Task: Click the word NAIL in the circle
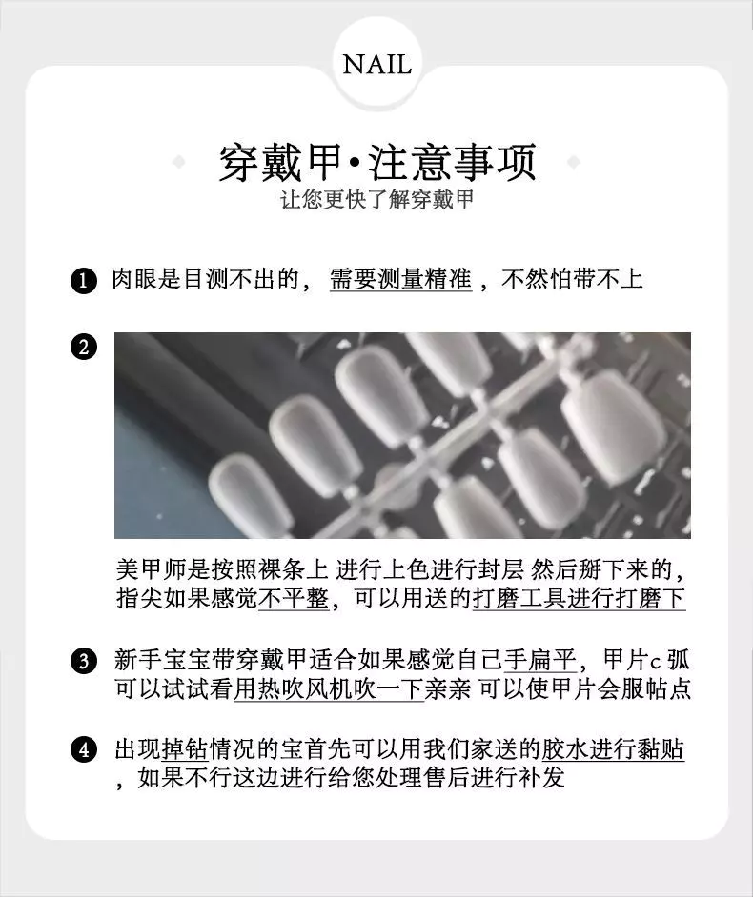pos(377,64)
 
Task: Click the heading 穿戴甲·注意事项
pos(377,163)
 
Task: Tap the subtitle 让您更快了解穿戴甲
pos(377,200)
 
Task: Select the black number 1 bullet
pos(84,281)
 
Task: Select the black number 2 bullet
pos(84,348)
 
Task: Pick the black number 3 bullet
pos(84,661)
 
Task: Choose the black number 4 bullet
pos(84,749)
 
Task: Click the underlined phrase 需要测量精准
pos(401,279)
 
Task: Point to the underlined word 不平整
pos(294,598)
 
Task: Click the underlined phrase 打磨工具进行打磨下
pos(579,598)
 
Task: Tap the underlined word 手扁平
pos(540,660)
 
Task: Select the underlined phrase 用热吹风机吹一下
pos(329,688)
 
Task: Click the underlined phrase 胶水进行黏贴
pos(613,748)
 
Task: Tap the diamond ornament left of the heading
pos(178,163)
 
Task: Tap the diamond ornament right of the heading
pos(573,163)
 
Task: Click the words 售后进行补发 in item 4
pos(493,777)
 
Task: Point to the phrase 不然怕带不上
pos(572,279)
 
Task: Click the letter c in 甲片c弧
pos(656,663)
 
